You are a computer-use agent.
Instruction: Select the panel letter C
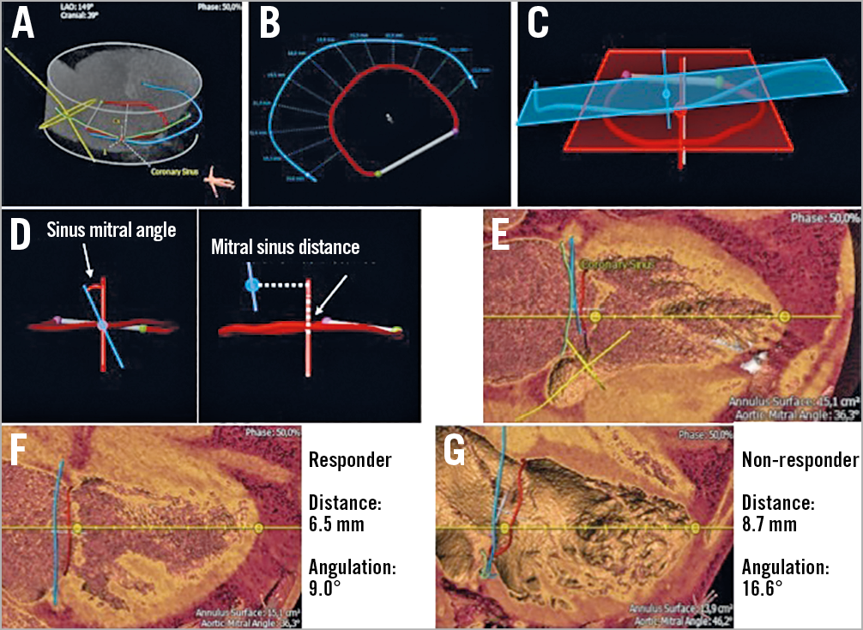pos(537,25)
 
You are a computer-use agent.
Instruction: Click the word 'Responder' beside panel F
pos(350,460)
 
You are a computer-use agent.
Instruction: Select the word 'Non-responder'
pos(800,460)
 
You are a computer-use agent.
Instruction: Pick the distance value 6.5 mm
pos(337,524)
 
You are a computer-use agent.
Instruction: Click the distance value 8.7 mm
pos(769,524)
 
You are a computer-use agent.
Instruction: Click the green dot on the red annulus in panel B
pos(377,173)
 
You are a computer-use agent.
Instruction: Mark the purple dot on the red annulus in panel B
pos(456,131)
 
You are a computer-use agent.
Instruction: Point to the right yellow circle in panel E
pos(784,317)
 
